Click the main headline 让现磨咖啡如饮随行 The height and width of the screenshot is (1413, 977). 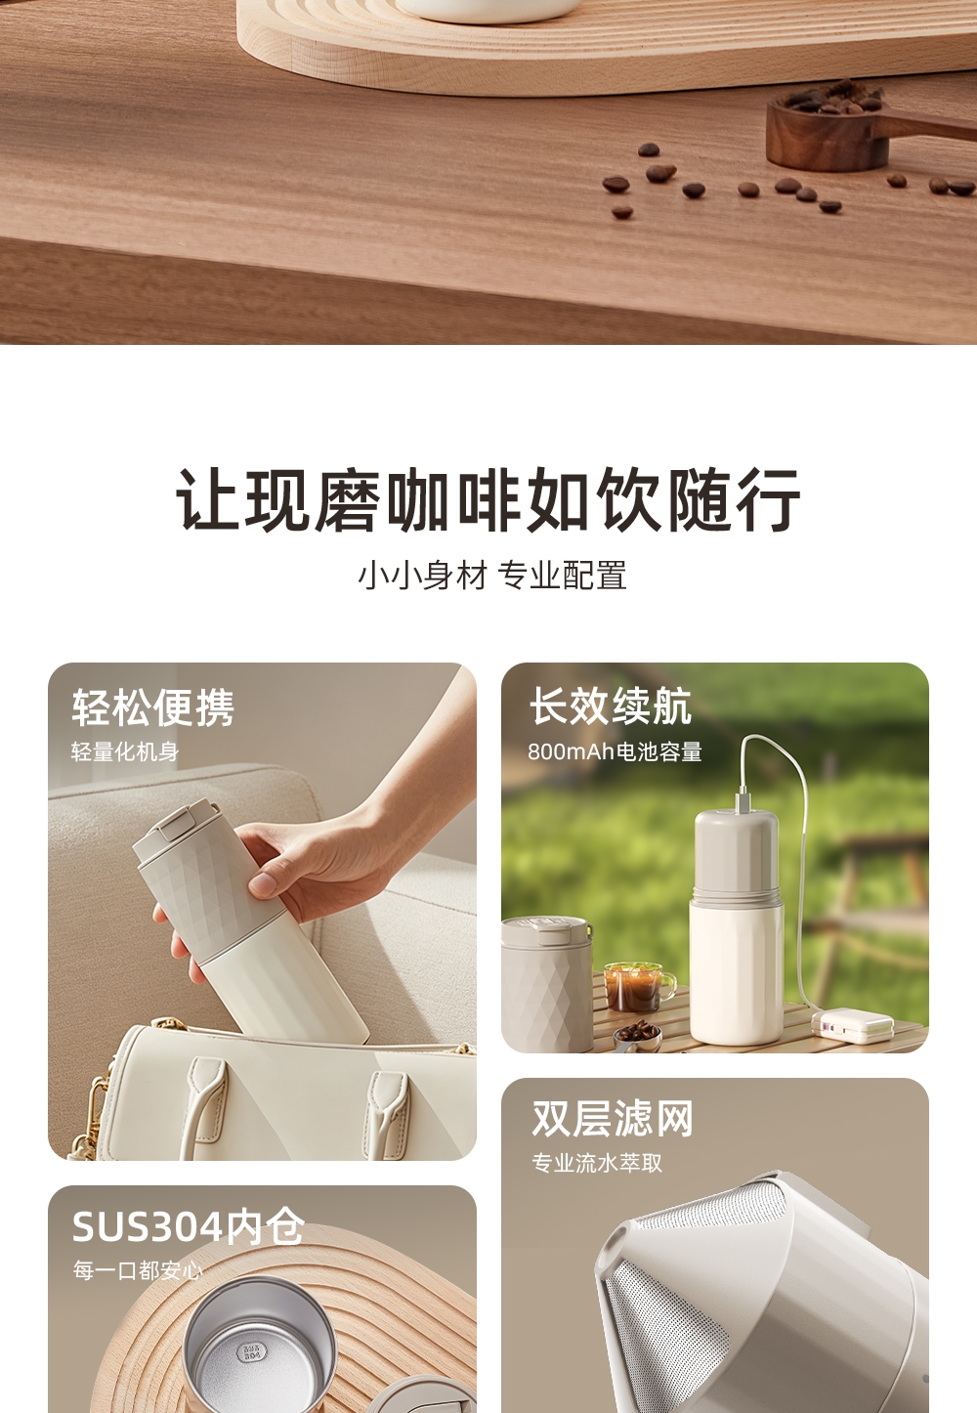tap(488, 500)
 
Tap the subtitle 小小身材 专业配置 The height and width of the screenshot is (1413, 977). tap(492, 576)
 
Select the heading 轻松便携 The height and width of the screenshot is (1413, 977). tap(152, 707)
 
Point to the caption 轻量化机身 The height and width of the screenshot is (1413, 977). tap(125, 751)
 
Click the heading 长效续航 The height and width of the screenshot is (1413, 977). tap(611, 706)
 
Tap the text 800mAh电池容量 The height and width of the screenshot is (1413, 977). tap(615, 751)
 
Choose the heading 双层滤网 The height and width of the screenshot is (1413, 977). tap(613, 1119)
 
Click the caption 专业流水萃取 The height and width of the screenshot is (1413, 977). tap(597, 1164)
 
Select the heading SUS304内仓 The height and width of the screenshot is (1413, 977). tap(188, 1227)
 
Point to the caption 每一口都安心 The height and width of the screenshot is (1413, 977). tap(138, 1269)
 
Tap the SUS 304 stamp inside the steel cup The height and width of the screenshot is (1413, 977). tap(251, 1349)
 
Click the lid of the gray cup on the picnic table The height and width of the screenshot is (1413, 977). tap(546, 930)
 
